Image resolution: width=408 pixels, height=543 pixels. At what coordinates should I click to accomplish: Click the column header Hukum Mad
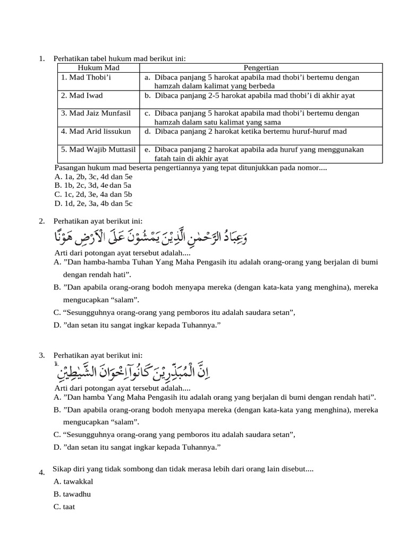coord(98,68)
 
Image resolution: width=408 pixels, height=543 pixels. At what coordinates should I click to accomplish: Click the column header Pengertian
coord(261,68)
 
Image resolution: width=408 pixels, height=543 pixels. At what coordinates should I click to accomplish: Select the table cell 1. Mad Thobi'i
coord(86,77)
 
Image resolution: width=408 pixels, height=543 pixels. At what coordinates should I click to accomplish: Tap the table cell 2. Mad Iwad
coord(81,95)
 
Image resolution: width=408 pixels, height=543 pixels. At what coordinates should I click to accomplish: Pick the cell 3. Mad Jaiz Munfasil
coord(95,113)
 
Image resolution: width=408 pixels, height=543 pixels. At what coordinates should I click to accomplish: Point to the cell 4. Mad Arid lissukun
coord(96,132)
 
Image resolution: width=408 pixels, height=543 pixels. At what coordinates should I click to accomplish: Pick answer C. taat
coord(64,507)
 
